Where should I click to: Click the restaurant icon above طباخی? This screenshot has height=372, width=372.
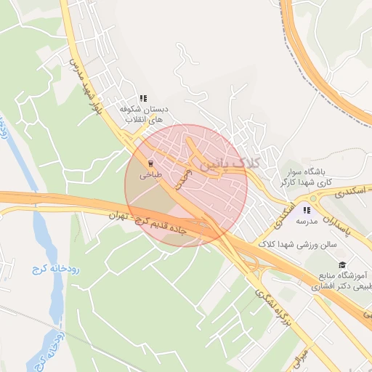pos(150,163)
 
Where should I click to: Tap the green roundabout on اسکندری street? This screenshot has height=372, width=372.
pos(313,198)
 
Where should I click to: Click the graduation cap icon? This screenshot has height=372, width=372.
pos(342,264)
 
